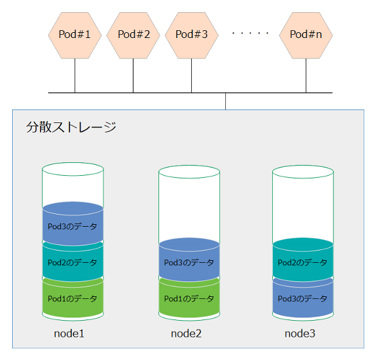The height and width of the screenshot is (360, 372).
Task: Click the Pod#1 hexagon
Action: tap(75, 35)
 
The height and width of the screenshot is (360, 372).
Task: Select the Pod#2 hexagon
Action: tap(133, 35)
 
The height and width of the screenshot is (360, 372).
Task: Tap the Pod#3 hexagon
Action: tap(191, 35)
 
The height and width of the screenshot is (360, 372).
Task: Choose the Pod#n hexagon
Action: tap(306, 35)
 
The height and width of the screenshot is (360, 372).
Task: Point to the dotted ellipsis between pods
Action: tap(250, 33)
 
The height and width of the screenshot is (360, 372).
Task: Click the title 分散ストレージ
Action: tap(71, 127)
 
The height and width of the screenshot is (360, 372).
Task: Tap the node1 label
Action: tap(69, 334)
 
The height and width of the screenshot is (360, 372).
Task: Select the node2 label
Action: tap(186, 334)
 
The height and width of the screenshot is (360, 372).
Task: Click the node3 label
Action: tap(300, 334)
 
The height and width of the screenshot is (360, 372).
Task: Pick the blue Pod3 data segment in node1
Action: tap(73, 223)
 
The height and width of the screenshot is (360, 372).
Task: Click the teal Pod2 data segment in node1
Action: tap(73, 261)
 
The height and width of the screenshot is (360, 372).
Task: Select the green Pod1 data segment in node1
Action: tap(73, 298)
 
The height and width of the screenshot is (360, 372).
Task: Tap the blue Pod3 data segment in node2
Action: tap(189, 260)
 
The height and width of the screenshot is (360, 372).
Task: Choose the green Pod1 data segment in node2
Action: tap(189, 298)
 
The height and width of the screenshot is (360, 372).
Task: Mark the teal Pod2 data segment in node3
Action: tap(303, 260)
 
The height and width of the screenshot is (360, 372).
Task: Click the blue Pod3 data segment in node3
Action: tap(303, 298)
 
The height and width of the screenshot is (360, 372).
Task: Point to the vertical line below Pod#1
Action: tap(75, 75)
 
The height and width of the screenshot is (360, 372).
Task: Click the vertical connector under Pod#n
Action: tap(306, 75)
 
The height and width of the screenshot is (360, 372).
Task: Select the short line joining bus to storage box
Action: tap(226, 101)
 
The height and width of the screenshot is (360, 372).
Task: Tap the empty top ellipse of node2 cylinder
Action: tap(189, 172)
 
